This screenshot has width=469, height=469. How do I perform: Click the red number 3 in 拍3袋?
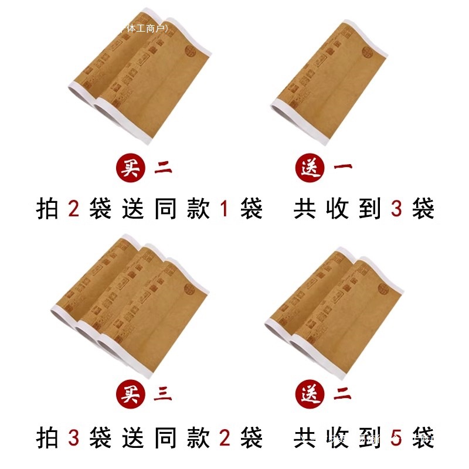click(x=73, y=437)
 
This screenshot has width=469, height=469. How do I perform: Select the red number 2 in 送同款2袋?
click(x=225, y=437)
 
